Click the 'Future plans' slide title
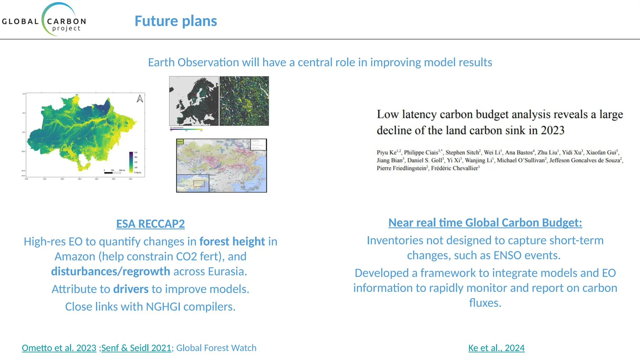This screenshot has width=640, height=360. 176,21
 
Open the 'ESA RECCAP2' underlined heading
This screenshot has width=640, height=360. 150,224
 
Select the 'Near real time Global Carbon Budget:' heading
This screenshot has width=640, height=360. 485,222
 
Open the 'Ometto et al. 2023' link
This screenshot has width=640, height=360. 59,348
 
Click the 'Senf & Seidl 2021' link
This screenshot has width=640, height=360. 136,348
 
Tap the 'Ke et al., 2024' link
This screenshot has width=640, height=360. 496,348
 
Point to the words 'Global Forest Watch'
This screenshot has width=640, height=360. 216,348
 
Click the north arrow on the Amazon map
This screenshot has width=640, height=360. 140,99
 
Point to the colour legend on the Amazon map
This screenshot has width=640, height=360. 131,162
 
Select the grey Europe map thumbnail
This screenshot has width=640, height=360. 194,101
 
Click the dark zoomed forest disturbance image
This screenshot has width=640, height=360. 244,101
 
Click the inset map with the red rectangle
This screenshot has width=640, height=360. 193,183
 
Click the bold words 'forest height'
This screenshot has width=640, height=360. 232,242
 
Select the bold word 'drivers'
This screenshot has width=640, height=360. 131,289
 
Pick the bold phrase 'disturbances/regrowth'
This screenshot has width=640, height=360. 111,272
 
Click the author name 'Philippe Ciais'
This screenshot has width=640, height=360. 421,152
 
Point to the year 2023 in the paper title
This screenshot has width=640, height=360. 552,130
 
